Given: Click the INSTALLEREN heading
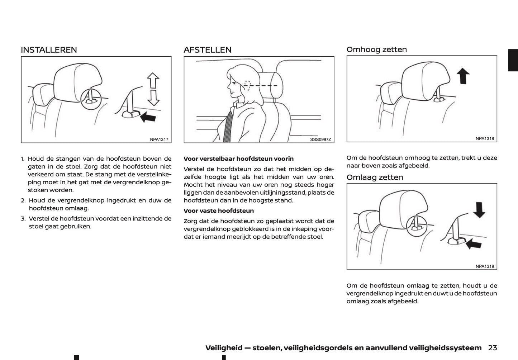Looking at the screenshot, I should click(x=49, y=50).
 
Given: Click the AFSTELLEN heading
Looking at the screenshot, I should click(x=208, y=50).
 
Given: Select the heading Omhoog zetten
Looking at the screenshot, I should click(x=376, y=49).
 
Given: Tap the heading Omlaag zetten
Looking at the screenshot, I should click(x=375, y=177).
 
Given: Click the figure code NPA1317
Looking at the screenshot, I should click(x=159, y=139).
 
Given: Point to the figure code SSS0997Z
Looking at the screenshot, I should click(x=320, y=139).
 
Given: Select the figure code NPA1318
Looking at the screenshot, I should click(x=485, y=138).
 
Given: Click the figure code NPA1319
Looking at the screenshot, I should click(x=485, y=266).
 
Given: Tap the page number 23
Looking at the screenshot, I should click(x=492, y=348).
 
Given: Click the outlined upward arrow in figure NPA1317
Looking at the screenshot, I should click(x=153, y=80).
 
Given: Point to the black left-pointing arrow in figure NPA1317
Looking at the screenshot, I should click(x=148, y=117).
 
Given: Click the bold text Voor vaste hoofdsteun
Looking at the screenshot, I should click(x=218, y=211).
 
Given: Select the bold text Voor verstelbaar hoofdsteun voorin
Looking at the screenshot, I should click(x=238, y=158).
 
